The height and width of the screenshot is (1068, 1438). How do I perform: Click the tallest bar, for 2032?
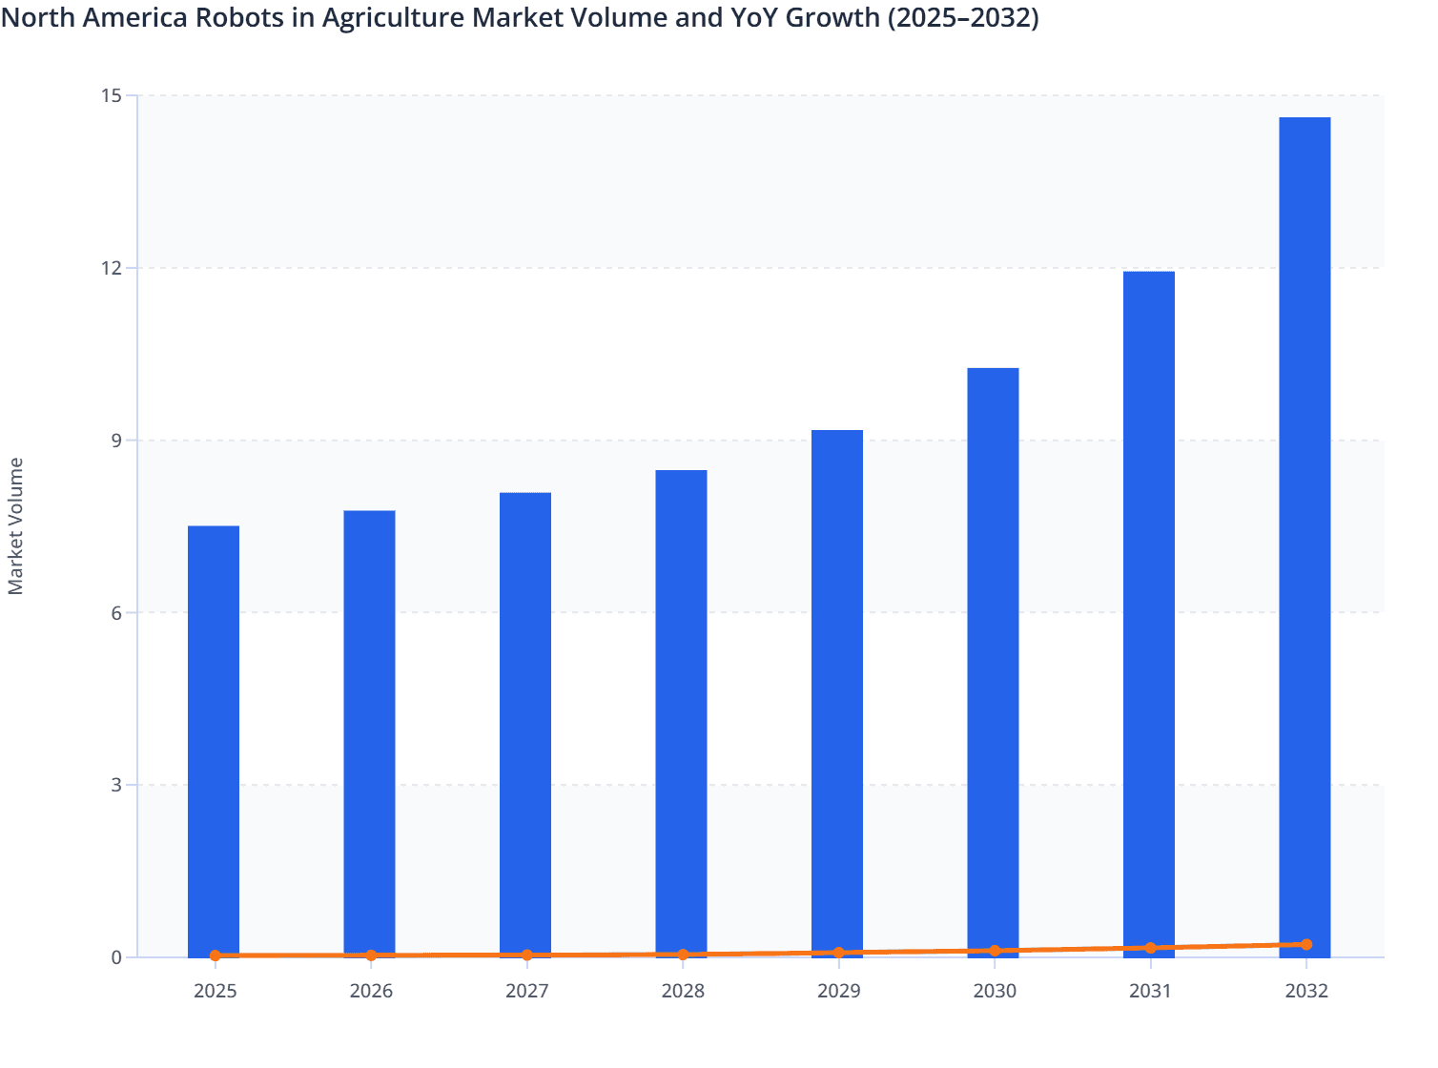point(1304,534)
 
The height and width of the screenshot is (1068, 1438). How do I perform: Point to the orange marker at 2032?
point(1306,944)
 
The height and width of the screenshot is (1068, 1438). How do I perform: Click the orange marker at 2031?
point(1150,948)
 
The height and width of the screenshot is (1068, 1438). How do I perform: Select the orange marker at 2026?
point(371,955)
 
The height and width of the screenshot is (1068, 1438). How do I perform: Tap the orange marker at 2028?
point(683,954)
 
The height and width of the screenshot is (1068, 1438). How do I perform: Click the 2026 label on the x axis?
point(371,991)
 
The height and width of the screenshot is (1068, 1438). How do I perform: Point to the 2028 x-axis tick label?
point(683,991)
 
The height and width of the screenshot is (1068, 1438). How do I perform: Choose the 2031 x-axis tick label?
point(1150,991)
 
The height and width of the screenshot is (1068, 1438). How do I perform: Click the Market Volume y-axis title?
point(16,526)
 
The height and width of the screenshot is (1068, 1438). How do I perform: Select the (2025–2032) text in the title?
point(962,17)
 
